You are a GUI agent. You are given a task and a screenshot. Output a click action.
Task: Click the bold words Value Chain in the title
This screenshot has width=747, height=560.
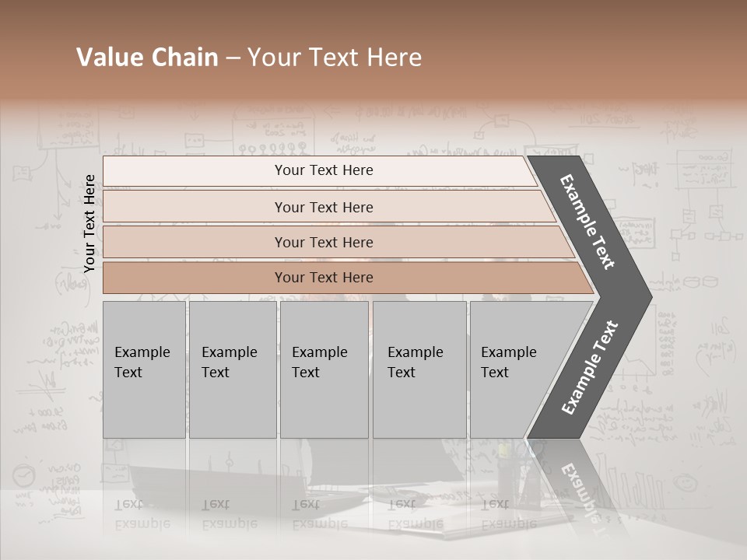coord(147,58)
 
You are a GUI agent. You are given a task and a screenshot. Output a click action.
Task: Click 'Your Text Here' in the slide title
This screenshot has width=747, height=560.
coord(335,58)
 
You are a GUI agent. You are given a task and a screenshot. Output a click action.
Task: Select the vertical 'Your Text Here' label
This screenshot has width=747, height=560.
coord(89,223)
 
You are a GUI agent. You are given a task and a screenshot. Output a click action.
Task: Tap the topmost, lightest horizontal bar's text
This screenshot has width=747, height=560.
coord(324,170)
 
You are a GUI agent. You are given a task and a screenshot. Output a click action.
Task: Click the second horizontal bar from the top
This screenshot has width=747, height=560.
coord(324,207)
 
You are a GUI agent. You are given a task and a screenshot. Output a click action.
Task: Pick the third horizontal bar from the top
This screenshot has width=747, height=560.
coord(324,242)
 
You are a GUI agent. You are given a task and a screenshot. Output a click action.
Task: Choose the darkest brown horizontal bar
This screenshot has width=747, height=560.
coord(324,278)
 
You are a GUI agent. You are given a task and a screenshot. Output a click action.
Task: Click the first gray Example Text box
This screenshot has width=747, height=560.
coord(144,369)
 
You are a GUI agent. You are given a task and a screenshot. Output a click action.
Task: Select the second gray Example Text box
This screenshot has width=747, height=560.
coord(232,369)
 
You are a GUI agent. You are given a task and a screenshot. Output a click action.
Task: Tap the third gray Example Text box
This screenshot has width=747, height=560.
coord(324,369)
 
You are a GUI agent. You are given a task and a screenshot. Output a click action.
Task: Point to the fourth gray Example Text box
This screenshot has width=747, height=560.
coord(419,369)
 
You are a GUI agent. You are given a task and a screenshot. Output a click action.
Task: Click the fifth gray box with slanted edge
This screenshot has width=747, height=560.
coord(514,369)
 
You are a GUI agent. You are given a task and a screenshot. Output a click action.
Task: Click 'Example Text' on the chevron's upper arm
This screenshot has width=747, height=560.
coord(587,222)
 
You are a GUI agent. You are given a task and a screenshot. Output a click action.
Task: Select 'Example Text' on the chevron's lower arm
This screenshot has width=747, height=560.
coord(590,367)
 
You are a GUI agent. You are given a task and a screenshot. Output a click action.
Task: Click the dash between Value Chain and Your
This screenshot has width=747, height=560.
coord(233,58)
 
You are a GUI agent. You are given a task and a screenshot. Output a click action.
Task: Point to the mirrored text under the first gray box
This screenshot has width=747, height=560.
coord(142,513)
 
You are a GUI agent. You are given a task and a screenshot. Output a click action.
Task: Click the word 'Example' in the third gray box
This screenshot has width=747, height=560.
coord(319,352)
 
